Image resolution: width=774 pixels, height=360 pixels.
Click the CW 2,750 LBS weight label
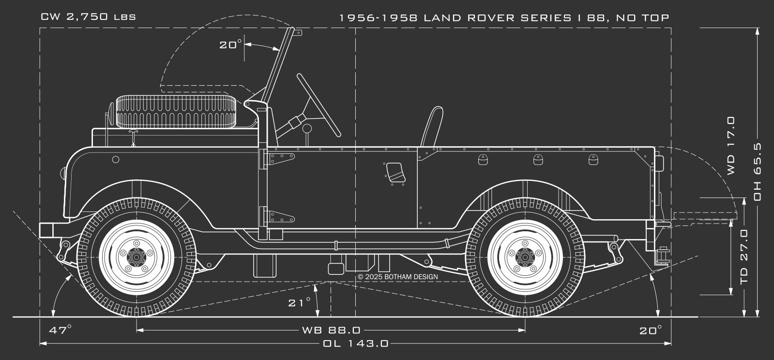(88, 17)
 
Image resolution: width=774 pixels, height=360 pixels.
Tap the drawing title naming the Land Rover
(504, 18)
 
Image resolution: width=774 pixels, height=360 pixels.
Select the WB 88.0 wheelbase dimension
(331, 330)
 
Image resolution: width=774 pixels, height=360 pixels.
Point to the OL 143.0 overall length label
(355, 344)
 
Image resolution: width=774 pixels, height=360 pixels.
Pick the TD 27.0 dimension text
(744, 256)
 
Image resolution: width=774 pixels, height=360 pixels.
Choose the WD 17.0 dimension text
(730, 145)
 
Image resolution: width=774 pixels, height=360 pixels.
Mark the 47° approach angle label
(61, 330)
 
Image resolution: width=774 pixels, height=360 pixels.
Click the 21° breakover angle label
(300, 303)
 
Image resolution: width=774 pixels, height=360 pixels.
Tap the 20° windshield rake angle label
(230, 45)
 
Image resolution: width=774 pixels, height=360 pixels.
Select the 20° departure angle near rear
(650, 330)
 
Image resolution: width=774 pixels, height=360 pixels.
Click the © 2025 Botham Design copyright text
(397, 277)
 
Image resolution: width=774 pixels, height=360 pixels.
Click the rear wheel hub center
(525, 256)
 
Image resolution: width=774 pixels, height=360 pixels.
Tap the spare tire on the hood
(174, 111)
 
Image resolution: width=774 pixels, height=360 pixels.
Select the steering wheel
(318, 105)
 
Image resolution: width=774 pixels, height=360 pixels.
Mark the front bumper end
(46, 230)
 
